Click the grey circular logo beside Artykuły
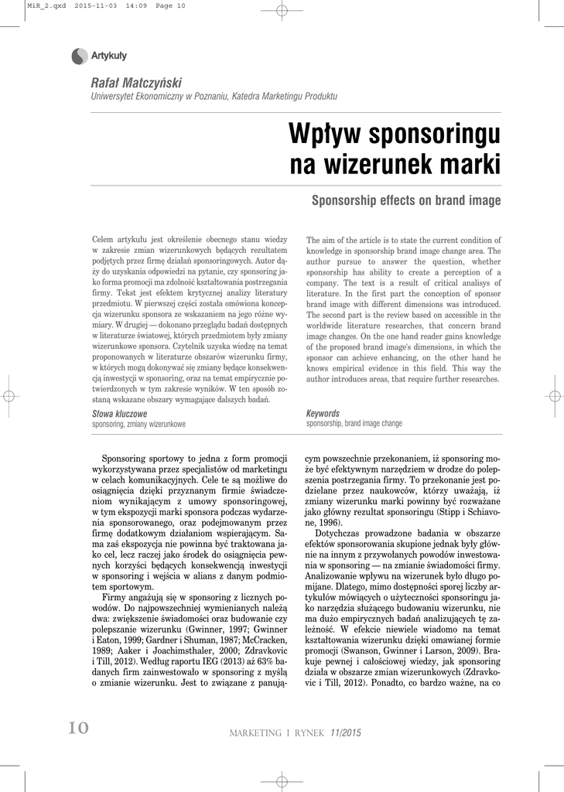click(x=80, y=56)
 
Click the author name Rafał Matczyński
click(x=137, y=83)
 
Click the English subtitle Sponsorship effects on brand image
click(x=405, y=201)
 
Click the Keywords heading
click(x=323, y=414)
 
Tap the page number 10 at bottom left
click(x=79, y=728)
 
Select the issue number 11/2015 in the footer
click(x=346, y=732)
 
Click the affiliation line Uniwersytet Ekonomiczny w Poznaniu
click(x=214, y=96)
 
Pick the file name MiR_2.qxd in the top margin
click(x=46, y=5)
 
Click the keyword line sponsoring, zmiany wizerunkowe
click(x=138, y=425)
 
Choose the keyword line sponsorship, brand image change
click(x=354, y=424)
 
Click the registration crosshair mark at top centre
click(x=282, y=9)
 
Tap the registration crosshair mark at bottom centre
click(x=282, y=780)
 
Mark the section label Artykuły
click(x=109, y=56)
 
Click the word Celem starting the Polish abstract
click(x=104, y=241)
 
